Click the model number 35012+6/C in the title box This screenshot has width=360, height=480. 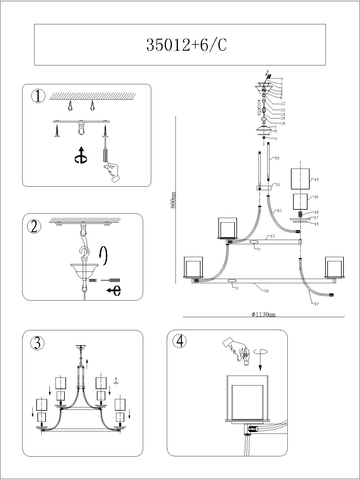click(x=186, y=45)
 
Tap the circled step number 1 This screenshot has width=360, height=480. click(x=38, y=96)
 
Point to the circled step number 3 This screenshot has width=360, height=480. click(x=37, y=343)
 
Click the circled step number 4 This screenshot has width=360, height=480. click(x=180, y=341)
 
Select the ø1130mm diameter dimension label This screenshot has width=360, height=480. click(x=263, y=314)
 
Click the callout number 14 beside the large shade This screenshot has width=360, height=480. click(x=316, y=179)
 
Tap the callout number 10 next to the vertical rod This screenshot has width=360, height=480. click(x=277, y=158)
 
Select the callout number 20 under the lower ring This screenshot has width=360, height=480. click(x=266, y=291)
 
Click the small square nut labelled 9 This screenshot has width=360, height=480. click(x=264, y=138)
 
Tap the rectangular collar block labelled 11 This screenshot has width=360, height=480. click(x=264, y=188)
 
